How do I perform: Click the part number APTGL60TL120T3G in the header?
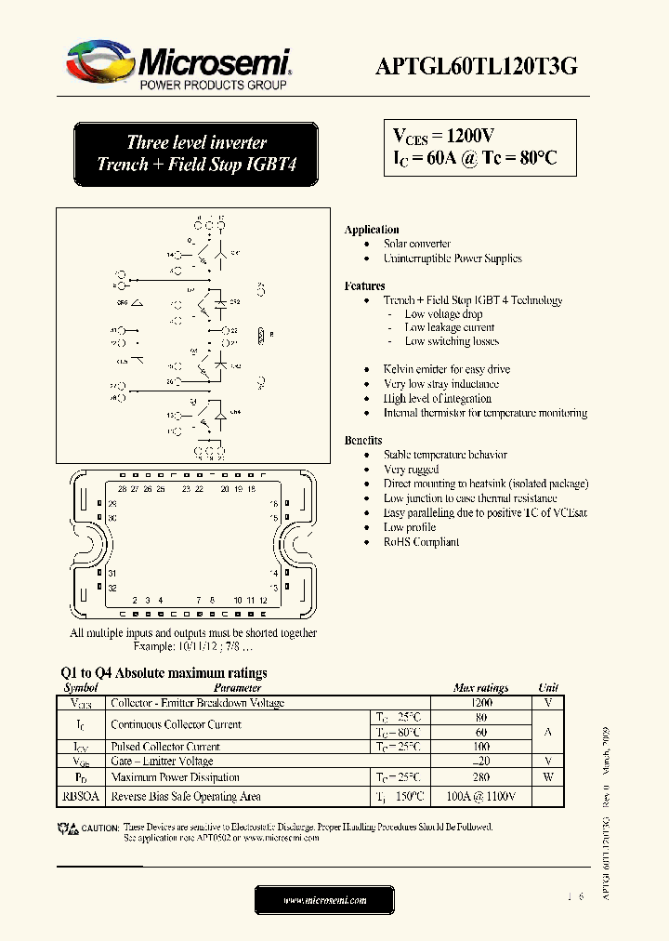(x=477, y=65)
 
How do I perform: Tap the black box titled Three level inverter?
(x=196, y=153)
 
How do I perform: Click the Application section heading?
(x=372, y=230)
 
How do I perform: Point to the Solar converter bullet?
(x=417, y=244)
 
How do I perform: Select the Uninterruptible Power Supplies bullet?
(x=453, y=258)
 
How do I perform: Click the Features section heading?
(x=364, y=286)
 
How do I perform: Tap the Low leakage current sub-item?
(x=450, y=327)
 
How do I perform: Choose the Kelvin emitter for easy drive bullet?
(x=447, y=369)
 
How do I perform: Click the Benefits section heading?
(x=363, y=440)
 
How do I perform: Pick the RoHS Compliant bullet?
(x=421, y=542)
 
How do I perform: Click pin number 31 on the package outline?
(x=111, y=574)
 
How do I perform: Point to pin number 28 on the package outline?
(x=122, y=489)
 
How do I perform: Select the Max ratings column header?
(x=480, y=688)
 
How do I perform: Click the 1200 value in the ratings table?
(x=480, y=704)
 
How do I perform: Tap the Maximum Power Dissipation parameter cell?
(x=175, y=777)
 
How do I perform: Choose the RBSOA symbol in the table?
(x=80, y=797)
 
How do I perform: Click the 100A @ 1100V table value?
(x=480, y=797)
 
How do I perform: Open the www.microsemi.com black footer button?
(x=325, y=900)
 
